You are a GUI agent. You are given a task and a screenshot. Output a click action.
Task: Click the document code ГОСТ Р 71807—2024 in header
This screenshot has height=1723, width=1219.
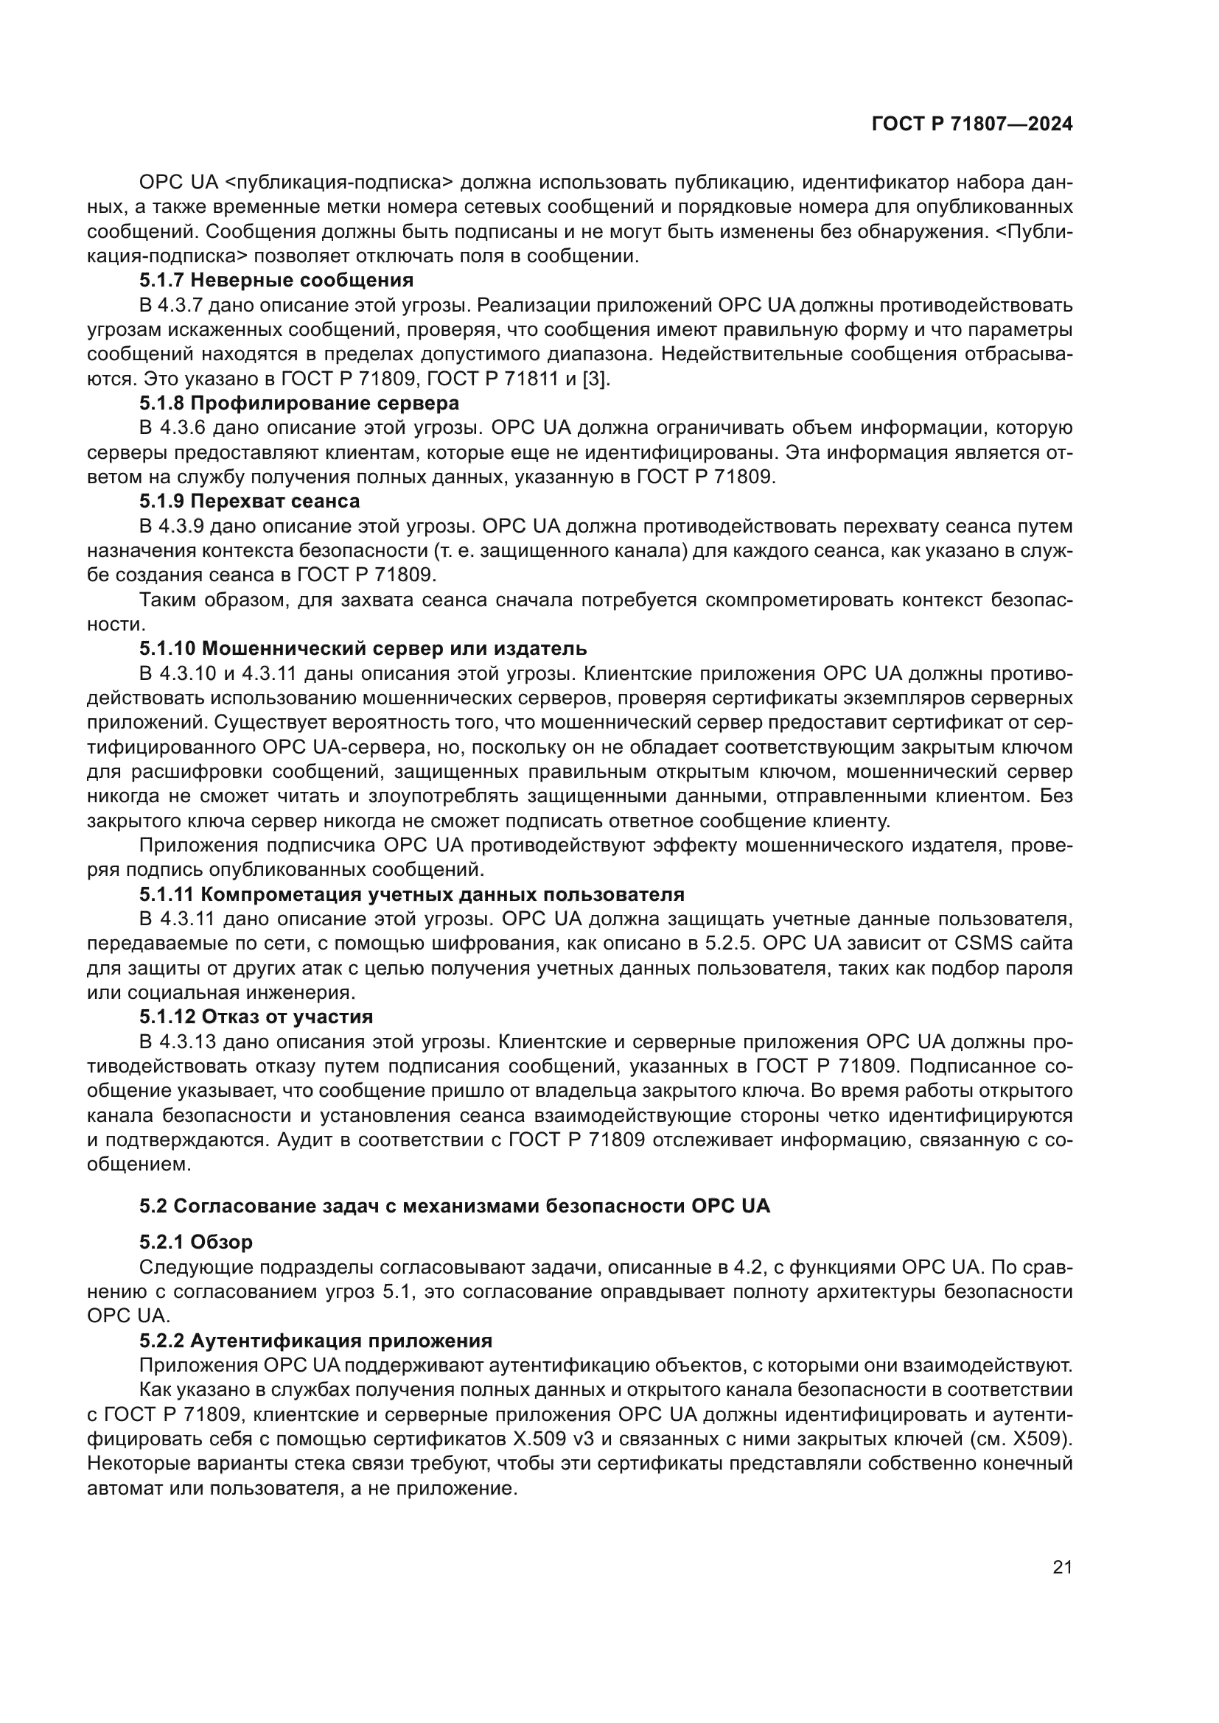click(972, 124)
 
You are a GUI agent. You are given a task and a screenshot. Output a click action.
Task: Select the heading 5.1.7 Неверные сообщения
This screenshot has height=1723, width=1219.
click(276, 281)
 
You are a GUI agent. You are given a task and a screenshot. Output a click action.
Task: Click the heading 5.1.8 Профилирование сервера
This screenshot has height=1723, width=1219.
click(298, 404)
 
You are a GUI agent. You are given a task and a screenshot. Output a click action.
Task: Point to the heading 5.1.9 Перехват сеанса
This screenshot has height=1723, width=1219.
click(249, 500)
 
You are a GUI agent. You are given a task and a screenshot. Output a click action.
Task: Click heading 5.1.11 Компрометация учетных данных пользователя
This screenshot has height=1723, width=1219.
click(411, 894)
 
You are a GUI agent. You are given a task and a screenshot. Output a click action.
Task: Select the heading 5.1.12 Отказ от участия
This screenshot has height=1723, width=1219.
click(256, 1017)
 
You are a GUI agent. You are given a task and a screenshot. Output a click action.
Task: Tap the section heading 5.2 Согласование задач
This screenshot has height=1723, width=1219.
click(455, 1207)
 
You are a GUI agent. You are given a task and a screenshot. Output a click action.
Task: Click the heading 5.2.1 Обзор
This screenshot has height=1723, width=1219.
click(196, 1242)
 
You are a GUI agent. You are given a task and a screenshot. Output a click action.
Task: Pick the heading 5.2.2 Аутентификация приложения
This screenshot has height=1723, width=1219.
click(315, 1340)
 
